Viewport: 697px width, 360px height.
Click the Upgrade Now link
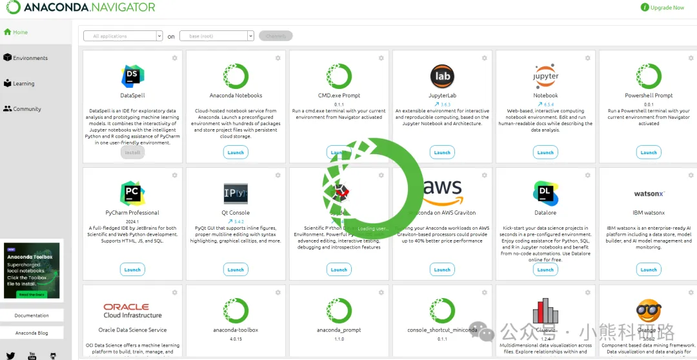point(663,8)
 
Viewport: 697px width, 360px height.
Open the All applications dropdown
point(123,36)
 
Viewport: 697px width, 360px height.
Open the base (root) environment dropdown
point(216,36)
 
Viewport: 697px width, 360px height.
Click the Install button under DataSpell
point(132,153)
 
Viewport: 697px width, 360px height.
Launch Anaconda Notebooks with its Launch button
point(236,153)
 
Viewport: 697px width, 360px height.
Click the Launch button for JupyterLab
point(442,153)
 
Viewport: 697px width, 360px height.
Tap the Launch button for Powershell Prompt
point(649,153)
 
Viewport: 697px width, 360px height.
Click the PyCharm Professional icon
point(132,193)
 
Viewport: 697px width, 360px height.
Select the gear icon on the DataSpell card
point(174,58)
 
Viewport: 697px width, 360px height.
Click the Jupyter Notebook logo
point(545,76)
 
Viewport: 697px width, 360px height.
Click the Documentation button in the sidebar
point(32,315)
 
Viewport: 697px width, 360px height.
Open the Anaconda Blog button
point(32,333)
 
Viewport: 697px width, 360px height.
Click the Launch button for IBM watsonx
point(649,270)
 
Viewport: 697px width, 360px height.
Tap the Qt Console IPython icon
point(236,193)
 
